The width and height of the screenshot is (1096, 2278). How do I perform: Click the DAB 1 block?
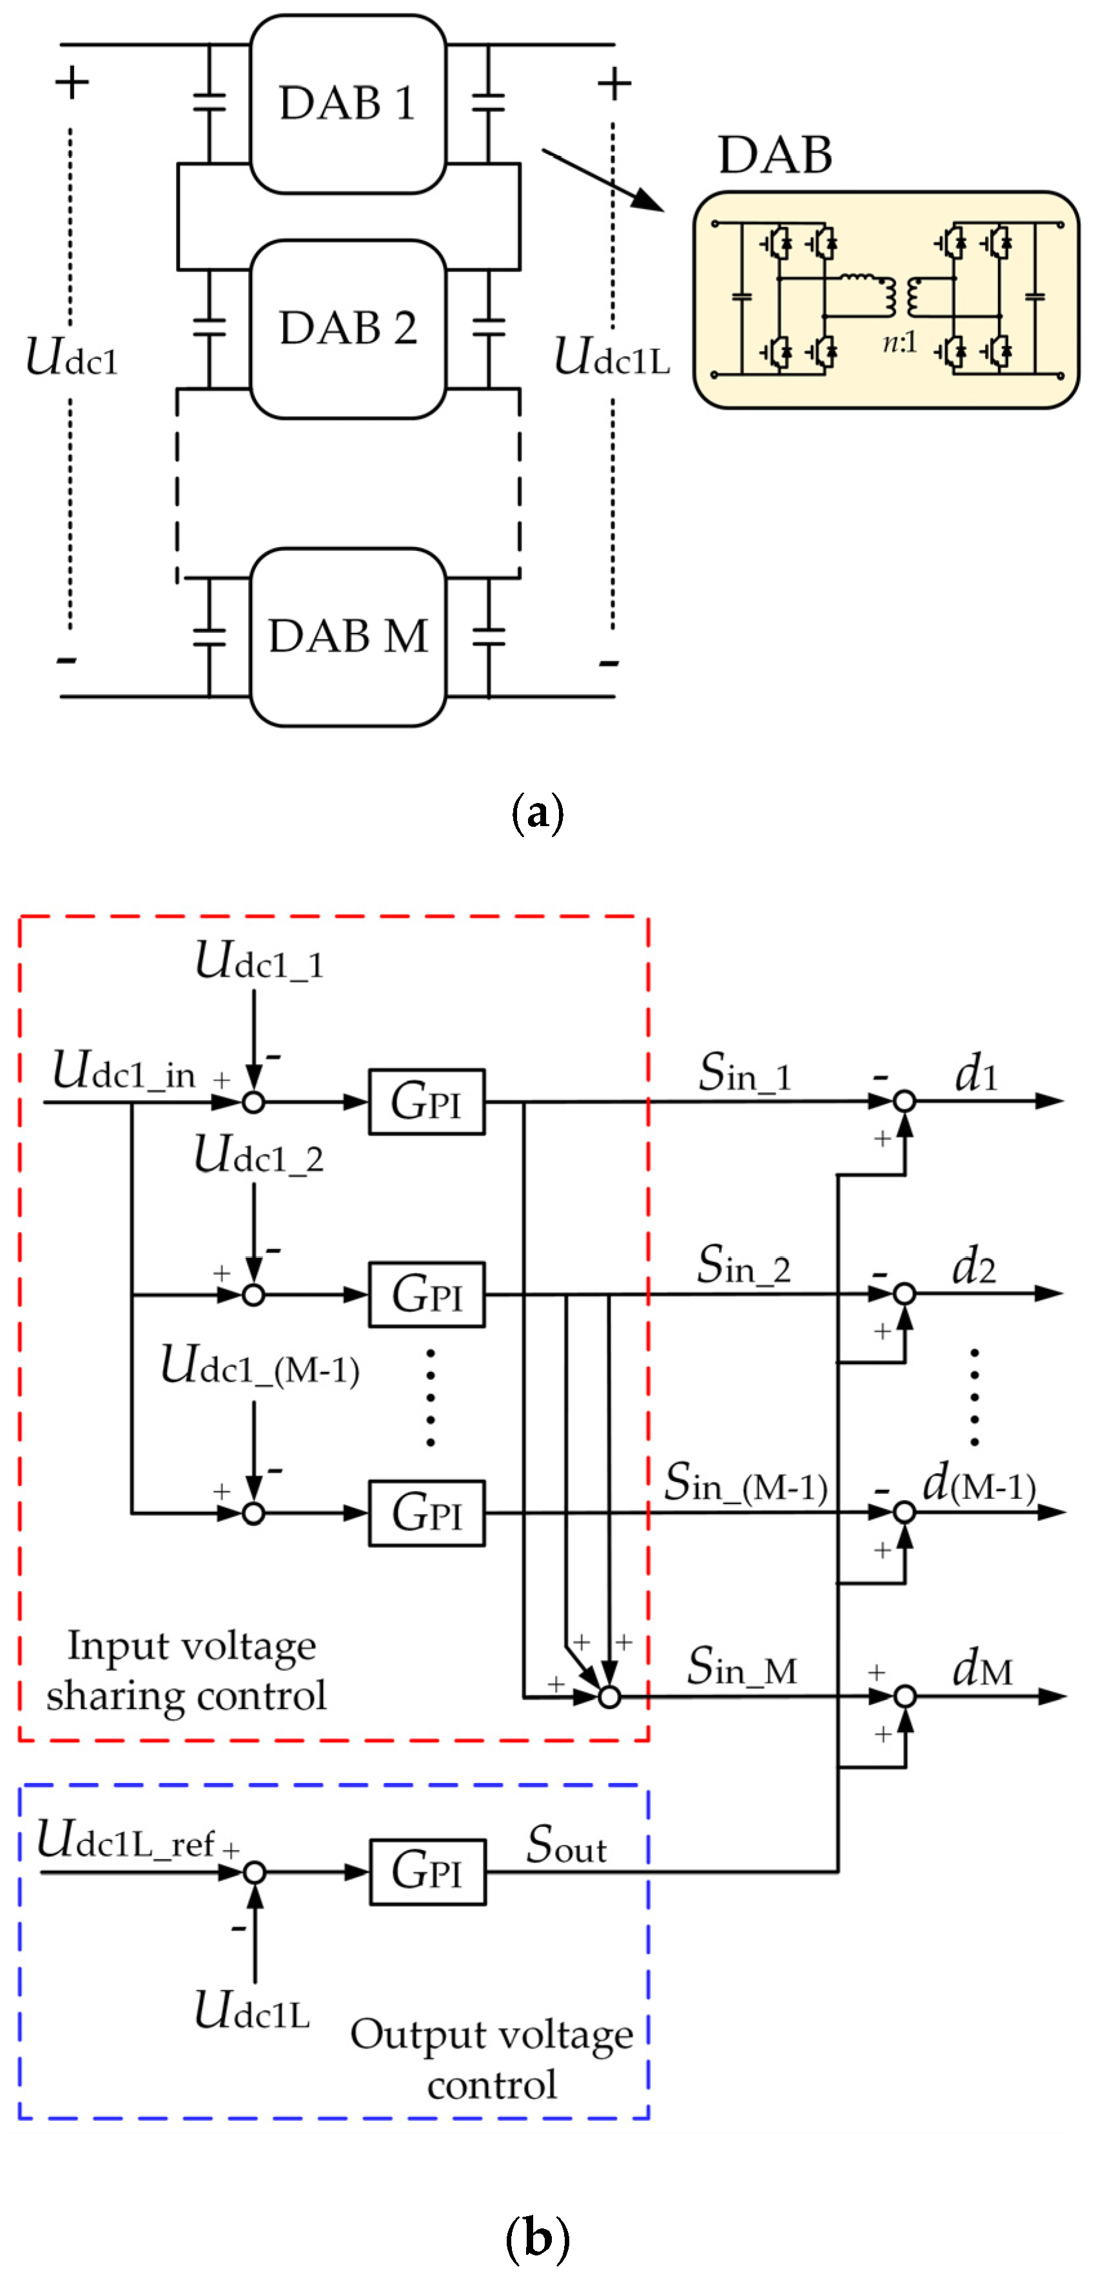[347, 104]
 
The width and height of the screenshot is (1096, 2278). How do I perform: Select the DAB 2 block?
[347, 328]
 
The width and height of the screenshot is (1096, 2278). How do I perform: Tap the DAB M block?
[347, 637]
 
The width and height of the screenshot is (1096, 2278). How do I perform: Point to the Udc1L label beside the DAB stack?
[611, 357]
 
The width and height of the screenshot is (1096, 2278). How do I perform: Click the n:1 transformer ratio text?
[899, 342]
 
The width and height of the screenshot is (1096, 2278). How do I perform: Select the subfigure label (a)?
[537, 812]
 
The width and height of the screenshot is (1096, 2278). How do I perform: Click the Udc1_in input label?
[124, 1072]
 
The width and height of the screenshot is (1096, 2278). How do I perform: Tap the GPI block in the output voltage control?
[427, 1872]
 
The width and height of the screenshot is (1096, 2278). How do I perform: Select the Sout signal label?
[566, 1846]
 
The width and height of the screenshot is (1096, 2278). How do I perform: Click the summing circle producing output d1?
[904, 1101]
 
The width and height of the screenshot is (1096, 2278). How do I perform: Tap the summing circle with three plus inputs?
[609, 1696]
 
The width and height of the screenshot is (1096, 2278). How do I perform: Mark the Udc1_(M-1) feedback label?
[259, 1366]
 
